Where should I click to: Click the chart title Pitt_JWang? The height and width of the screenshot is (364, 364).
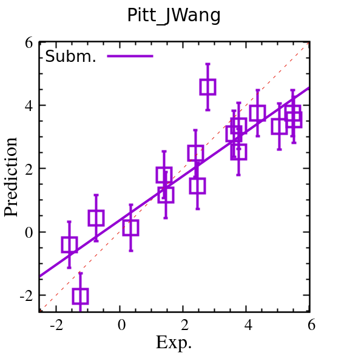click(174, 16)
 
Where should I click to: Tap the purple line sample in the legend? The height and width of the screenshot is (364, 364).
click(130, 56)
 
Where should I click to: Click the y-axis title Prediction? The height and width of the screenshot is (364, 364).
click(12, 177)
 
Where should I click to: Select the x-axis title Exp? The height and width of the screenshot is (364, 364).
click(174, 343)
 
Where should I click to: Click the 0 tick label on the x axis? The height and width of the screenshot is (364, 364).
click(120, 325)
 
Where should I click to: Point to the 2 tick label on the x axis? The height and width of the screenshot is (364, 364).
click(184, 325)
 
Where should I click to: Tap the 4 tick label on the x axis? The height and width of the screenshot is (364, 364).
click(248, 325)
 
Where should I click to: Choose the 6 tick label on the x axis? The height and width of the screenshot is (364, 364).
click(311, 325)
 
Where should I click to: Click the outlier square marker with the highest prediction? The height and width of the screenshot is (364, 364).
click(207, 87)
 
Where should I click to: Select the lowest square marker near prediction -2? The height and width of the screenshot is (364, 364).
click(80, 296)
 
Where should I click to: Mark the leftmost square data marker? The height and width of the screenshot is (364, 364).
click(69, 245)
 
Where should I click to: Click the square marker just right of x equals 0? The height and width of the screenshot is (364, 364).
click(130, 227)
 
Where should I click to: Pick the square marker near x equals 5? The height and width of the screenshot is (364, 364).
click(279, 126)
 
